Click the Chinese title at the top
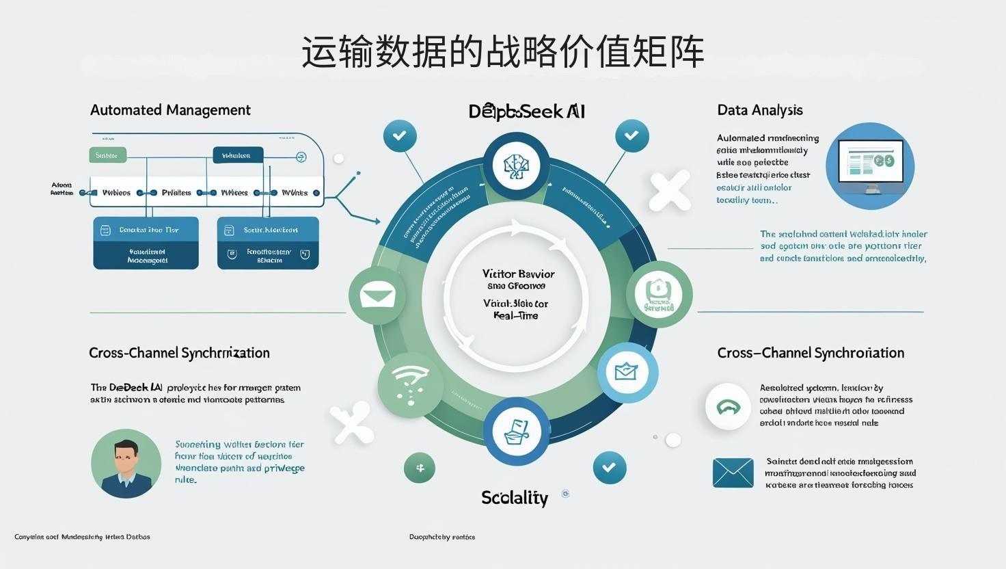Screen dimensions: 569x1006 503,52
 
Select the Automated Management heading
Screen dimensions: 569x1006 170,110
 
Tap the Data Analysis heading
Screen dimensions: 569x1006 759,110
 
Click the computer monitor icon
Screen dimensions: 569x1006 870,166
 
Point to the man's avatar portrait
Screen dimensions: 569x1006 126,464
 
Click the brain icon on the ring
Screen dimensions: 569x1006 517,166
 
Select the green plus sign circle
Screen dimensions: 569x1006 420,468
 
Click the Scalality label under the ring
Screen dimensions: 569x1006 515,498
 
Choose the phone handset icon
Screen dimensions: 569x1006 729,407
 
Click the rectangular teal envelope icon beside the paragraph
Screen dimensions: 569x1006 733,473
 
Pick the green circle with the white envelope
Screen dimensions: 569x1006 377,296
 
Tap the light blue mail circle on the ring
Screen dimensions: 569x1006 627,373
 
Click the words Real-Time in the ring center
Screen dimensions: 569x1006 516,316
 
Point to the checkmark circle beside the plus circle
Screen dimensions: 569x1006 609,468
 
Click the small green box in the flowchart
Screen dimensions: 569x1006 107,155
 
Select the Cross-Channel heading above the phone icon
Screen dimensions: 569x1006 811,353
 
